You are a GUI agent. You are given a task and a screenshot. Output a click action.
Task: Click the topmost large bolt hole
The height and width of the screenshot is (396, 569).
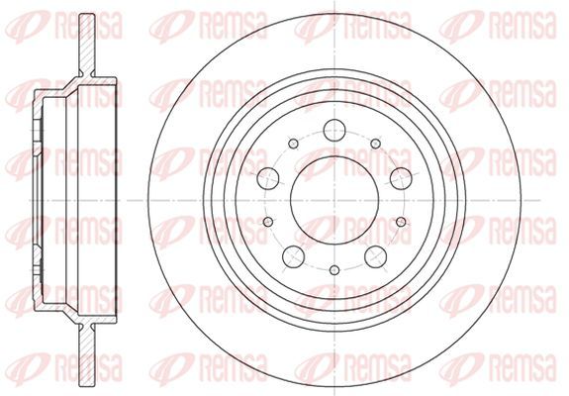334,130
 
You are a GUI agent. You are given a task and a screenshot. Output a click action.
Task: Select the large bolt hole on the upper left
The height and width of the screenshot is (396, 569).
268,178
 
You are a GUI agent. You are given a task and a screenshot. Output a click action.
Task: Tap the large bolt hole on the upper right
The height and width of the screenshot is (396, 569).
401,178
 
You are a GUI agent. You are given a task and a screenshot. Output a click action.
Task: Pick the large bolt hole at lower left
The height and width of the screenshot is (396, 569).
293,256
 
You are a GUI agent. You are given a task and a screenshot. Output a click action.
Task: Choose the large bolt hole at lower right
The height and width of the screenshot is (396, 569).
376,256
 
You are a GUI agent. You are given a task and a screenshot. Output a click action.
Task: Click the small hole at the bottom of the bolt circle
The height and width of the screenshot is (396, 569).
334,270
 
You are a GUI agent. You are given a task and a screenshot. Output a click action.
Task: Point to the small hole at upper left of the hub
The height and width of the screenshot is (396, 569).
293,144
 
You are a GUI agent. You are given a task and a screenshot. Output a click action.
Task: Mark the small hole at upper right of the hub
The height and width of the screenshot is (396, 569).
376,144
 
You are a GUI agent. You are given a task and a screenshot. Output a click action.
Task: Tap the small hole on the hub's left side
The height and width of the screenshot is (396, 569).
268,222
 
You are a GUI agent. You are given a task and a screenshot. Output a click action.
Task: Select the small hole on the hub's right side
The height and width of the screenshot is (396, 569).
401,222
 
